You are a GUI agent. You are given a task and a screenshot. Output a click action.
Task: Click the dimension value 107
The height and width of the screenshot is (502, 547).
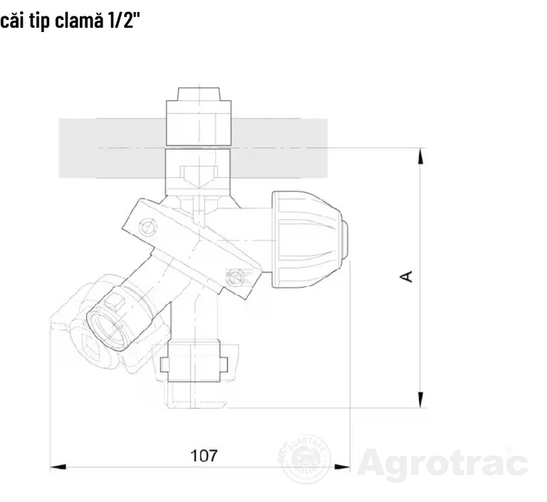click(204, 456)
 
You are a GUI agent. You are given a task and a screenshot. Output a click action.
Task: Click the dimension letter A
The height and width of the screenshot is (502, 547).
click(406, 276)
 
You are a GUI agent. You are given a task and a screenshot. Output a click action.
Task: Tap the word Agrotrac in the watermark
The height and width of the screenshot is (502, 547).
click(442, 464)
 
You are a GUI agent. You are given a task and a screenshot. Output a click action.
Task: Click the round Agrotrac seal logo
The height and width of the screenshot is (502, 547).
click(304, 459)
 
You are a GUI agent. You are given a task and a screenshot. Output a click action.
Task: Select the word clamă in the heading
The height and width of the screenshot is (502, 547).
click(80, 21)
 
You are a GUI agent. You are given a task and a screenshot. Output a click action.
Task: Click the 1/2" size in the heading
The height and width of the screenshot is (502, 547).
click(123, 21)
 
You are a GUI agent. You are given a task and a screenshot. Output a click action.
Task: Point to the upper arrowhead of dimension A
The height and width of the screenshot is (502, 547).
click(421, 156)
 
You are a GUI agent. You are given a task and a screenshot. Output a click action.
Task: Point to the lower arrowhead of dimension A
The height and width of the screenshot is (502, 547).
click(421, 399)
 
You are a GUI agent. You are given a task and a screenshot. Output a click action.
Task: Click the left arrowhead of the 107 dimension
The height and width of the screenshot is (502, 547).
click(58, 467)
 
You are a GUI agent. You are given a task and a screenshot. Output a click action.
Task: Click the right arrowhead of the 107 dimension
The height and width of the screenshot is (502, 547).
click(342, 467)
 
